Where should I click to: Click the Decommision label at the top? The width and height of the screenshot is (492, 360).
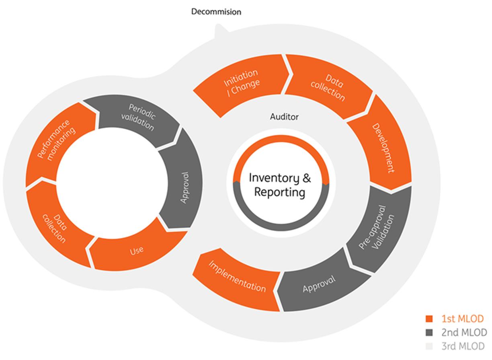216,12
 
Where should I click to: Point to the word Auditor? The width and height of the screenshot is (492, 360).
284,117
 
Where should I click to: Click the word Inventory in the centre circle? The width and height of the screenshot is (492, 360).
274,178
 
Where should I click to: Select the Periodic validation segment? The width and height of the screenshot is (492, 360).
141,117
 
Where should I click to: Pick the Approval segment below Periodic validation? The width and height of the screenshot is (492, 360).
183,187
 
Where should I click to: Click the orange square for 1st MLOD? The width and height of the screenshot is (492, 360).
429,319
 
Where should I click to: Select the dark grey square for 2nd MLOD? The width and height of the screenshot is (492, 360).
429,333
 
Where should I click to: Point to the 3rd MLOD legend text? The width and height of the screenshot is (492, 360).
463,346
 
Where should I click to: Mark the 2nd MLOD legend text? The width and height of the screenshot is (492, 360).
463,332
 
